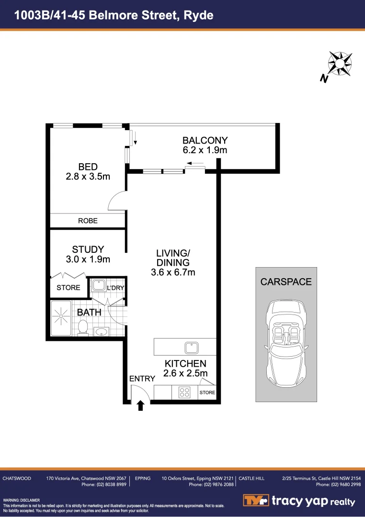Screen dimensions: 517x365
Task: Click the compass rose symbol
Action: point(340,63)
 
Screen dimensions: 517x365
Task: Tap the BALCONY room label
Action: point(205,140)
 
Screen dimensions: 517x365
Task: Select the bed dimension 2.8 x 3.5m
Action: point(88,176)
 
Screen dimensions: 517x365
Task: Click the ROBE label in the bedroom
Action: point(88,221)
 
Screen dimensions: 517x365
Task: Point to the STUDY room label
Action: point(88,249)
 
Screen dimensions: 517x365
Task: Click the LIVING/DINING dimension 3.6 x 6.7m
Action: point(173,272)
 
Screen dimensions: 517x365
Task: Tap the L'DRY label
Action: point(115,288)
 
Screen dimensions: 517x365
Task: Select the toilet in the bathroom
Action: point(82,327)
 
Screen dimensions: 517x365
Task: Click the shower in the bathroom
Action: point(62,317)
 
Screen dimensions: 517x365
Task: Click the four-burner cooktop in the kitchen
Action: point(184,393)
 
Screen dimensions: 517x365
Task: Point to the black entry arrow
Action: point(141,406)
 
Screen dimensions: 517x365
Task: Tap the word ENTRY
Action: point(142,379)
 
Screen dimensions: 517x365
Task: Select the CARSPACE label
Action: point(286,282)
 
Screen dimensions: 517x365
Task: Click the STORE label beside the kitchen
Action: point(207,393)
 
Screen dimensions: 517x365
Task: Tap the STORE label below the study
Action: point(68,288)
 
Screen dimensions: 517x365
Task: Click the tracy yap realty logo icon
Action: point(256,501)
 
